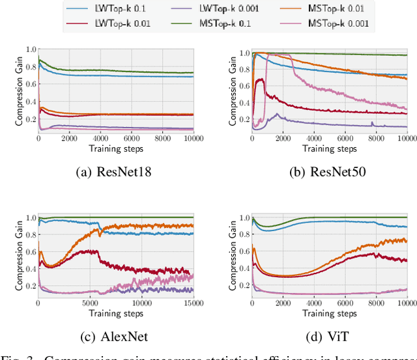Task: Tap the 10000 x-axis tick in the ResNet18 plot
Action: point(192,138)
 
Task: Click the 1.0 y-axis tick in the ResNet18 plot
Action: point(29,50)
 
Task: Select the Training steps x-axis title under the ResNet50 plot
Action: point(329,148)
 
